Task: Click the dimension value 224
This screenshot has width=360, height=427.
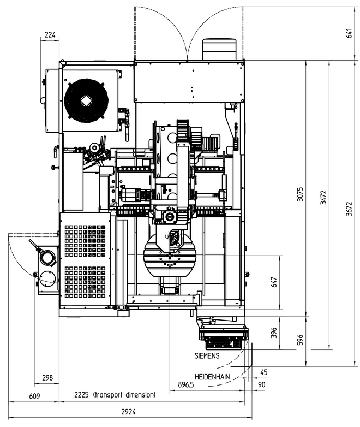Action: pyautogui.click(x=50, y=35)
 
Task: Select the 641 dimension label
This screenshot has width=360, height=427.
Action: pyautogui.click(x=350, y=33)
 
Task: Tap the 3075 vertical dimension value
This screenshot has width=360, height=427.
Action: pyautogui.click(x=300, y=194)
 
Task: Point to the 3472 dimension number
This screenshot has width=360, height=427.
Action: pyautogui.click(x=323, y=198)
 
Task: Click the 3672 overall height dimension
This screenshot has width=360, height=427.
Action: pyautogui.click(x=349, y=209)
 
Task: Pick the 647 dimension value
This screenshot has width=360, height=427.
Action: pyautogui.click(x=274, y=282)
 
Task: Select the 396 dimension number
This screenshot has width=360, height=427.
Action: pyautogui.click(x=274, y=333)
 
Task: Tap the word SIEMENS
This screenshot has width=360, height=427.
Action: pyautogui.click(x=207, y=355)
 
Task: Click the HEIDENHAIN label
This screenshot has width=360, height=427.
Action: pyautogui.click(x=212, y=377)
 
